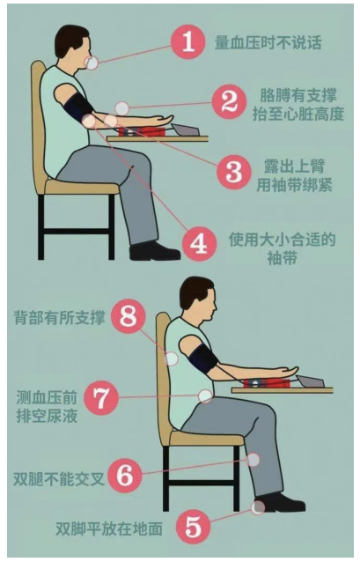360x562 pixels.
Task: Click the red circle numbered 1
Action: coord(188,42)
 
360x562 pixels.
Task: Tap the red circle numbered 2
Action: coord(229,102)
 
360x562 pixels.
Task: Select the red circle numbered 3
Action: coord(234,171)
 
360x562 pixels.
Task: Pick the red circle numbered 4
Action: coord(199,244)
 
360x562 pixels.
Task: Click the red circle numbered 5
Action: coord(194,528)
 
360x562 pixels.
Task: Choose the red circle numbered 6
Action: coord(125,476)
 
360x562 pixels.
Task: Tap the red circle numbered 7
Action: coord(101,397)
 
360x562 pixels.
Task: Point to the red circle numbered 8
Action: coord(129,317)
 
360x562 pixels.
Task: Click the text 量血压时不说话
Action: coord(268,42)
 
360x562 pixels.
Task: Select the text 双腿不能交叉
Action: coord(59,478)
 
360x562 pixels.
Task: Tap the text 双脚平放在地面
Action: coord(109,529)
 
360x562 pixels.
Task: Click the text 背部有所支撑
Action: coord(60,318)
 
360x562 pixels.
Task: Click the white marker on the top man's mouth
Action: coord(92,63)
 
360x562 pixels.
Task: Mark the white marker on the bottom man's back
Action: coord(172,359)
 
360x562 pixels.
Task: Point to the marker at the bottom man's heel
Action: coord(258,507)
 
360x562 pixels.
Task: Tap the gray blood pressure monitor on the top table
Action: coord(186,129)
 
